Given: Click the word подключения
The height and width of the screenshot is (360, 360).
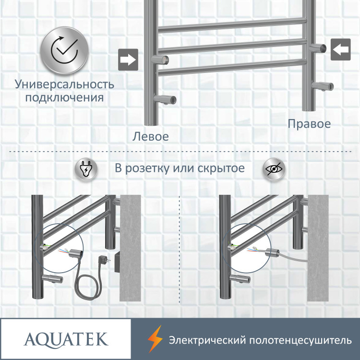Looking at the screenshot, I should pos(64,98).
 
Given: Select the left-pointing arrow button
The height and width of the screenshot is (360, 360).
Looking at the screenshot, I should pos(340,49).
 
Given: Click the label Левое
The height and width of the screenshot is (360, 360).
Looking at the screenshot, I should pos(151,136).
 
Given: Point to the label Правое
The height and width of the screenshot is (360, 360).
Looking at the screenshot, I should pos(309,124).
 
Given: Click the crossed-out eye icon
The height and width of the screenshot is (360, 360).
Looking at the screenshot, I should pos(275,169).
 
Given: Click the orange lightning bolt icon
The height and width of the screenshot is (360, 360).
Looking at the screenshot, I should pos(154,340).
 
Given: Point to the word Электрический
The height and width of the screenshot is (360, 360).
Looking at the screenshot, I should pos(206,340).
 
